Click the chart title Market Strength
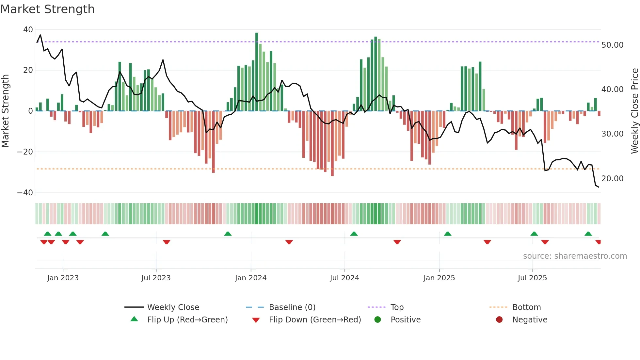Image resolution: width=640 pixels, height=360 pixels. click(x=47, y=9)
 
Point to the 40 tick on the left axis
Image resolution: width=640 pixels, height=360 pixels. click(x=28, y=30)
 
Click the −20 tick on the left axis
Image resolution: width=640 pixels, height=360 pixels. click(x=25, y=152)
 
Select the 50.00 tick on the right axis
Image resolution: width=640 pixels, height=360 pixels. click(x=612, y=45)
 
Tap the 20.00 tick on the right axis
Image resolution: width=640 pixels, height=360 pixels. click(x=612, y=179)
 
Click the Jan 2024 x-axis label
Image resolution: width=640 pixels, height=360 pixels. click(x=250, y=278)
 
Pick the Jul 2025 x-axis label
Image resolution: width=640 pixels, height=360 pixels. click(x=532, y=278)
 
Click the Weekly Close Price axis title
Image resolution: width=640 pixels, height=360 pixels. click(x=634, y=111)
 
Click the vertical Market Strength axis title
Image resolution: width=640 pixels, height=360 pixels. click(x=6, y=111)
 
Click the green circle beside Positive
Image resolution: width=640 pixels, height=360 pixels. click(x=377, y=320)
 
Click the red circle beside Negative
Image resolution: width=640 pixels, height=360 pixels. click(x=499, y=320)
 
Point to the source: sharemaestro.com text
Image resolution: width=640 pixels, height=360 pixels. click(x=575, y=256)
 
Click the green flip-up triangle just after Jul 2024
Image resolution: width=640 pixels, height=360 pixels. click(x=354, y=234)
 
